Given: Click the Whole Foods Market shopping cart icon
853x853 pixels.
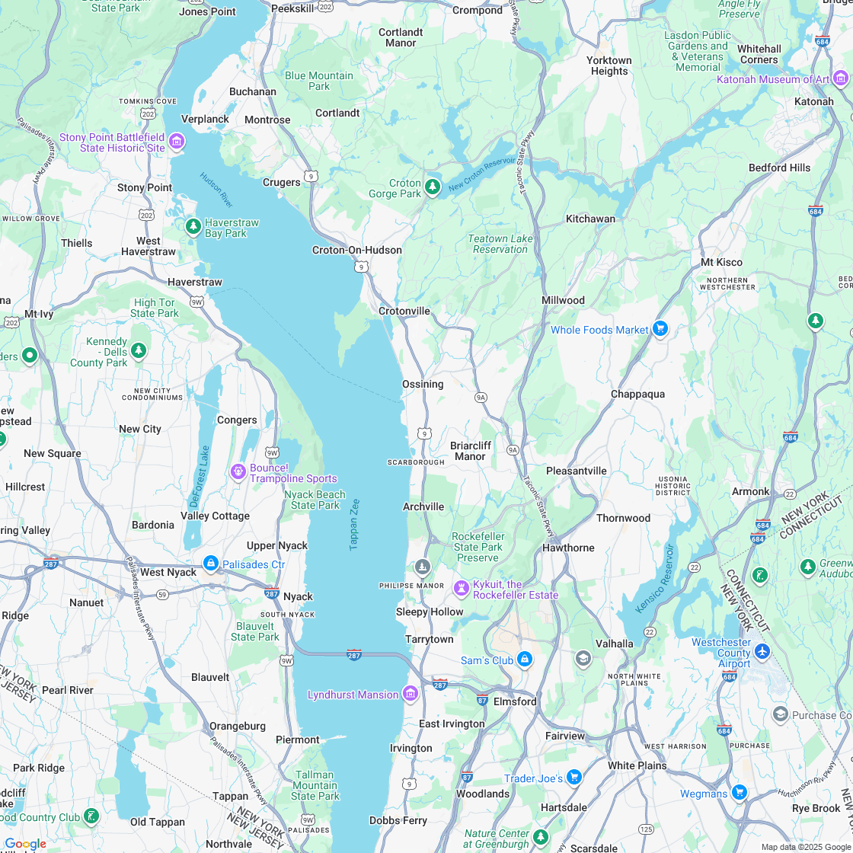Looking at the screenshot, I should coord(660,329).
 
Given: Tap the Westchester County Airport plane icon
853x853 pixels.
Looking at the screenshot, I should coord(762,652).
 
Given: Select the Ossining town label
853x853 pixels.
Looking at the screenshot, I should coord(423,384).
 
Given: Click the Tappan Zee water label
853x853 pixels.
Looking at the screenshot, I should coord(354,524).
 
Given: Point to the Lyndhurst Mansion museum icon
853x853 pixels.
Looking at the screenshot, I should coord(411,694).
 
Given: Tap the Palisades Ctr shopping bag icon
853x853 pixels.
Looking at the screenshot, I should coord(211,564).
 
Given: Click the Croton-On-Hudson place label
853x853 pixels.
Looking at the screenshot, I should coord(357,250).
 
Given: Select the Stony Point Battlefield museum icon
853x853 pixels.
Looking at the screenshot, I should coord(177,141).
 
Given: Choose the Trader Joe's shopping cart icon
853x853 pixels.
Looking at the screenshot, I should coord(574,777).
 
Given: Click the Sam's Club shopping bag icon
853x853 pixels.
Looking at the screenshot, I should coord(524,659).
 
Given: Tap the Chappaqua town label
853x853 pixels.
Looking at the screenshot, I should coord(637,394).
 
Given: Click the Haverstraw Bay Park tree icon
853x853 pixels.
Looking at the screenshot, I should coord(193,226).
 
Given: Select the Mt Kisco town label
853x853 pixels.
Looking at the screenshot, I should coord(721,262).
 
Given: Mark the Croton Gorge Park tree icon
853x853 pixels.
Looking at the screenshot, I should coord(433,187).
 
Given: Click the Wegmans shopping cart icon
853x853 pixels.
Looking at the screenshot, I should coord(739,793).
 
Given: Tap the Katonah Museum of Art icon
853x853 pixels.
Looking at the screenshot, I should coord(840,78).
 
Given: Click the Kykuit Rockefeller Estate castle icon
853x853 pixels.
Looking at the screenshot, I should coord(461,588).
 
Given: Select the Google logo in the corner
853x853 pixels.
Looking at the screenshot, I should coord(25,844).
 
